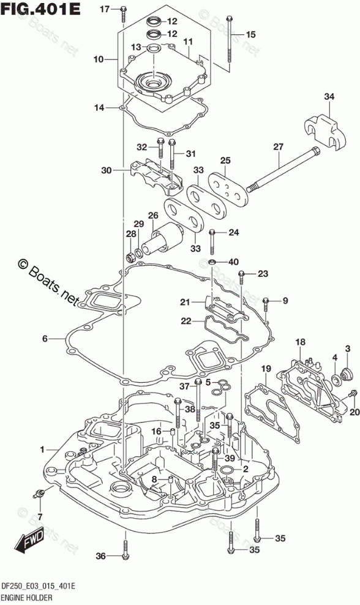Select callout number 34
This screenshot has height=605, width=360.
pos(329,97)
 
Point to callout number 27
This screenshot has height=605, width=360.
pos(278,147)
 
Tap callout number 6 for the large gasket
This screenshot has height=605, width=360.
pos(45,339)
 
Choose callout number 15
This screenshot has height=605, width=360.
pos(250,35)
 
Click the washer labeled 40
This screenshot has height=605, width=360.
pos(212,262)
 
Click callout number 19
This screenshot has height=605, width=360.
pos(266,369)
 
